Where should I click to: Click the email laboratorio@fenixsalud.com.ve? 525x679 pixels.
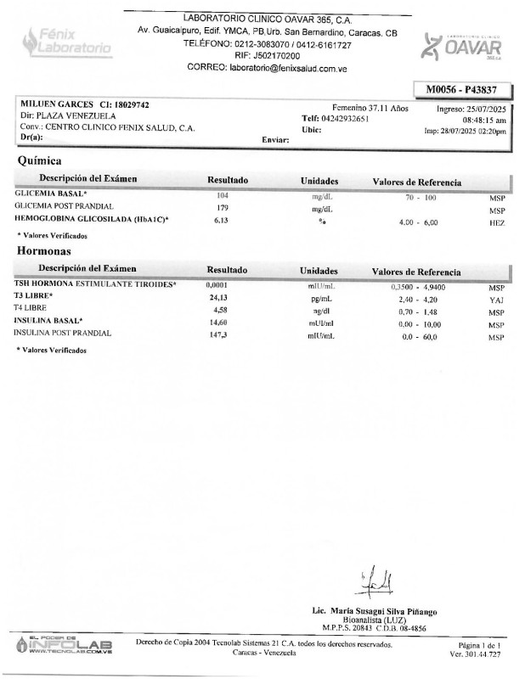pos(291,68)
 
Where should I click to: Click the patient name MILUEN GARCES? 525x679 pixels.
pos(56,104)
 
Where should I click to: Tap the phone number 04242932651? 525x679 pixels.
pos(344,119)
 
